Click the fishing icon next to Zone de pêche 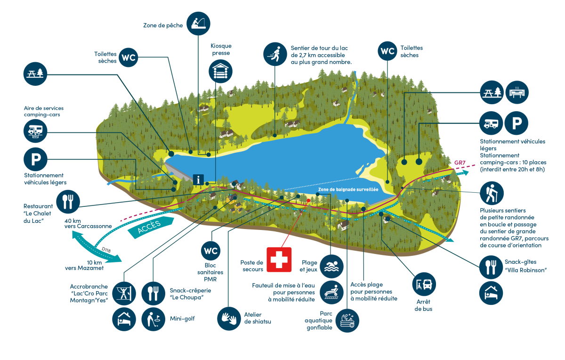(x=199, y=24)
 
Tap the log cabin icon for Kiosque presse (x=220, y=71)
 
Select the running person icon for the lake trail (x=275, y=54)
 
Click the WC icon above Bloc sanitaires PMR (x=210, y=251)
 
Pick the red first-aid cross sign (x=279, y=260)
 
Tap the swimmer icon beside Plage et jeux (x=331, y=266)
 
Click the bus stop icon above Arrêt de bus (x=424, y=284)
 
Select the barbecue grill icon (x=517, y=92)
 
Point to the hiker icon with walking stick (x=492, y=193)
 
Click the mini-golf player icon (x=153, y=319)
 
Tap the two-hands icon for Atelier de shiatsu (x=229, y=319)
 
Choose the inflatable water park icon (x=347, y=320)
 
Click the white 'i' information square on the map (x=198, y=180)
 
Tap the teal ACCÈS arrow (x=151, y=227)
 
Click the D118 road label (x=106, y=250)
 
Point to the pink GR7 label (x=460, y=163)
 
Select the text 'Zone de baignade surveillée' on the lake (x=348, y=189)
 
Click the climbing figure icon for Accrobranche (x=124, y=294)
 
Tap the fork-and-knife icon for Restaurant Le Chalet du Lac (x=68, y=202)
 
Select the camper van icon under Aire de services (x=35, y=131)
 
